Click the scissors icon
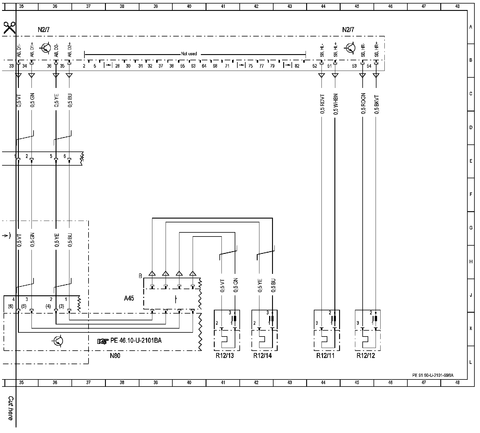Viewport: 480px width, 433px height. point(9,28)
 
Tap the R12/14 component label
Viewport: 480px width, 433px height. point(262,356)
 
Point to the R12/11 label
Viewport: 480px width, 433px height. point(325,356)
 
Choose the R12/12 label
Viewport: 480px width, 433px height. point(366,356)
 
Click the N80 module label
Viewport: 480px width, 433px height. point(115,356)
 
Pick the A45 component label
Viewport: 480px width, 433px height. point(129,298)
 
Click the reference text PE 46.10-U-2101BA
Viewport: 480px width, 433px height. point(136,341)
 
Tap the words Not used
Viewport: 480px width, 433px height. point(189,54)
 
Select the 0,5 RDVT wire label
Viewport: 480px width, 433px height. point(322,104)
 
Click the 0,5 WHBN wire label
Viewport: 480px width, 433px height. point(336,104)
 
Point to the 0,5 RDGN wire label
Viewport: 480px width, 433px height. point(363,104)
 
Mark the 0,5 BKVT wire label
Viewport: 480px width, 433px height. point(377,104)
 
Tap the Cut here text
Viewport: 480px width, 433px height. point(11,408)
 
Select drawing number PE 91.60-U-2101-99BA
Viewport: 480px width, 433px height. point(433,375)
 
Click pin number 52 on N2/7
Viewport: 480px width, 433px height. point(315,66)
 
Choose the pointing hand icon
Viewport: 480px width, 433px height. point(103,341)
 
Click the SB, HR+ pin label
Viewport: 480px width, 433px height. point(376,49)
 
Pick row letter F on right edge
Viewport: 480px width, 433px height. point(471,194)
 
